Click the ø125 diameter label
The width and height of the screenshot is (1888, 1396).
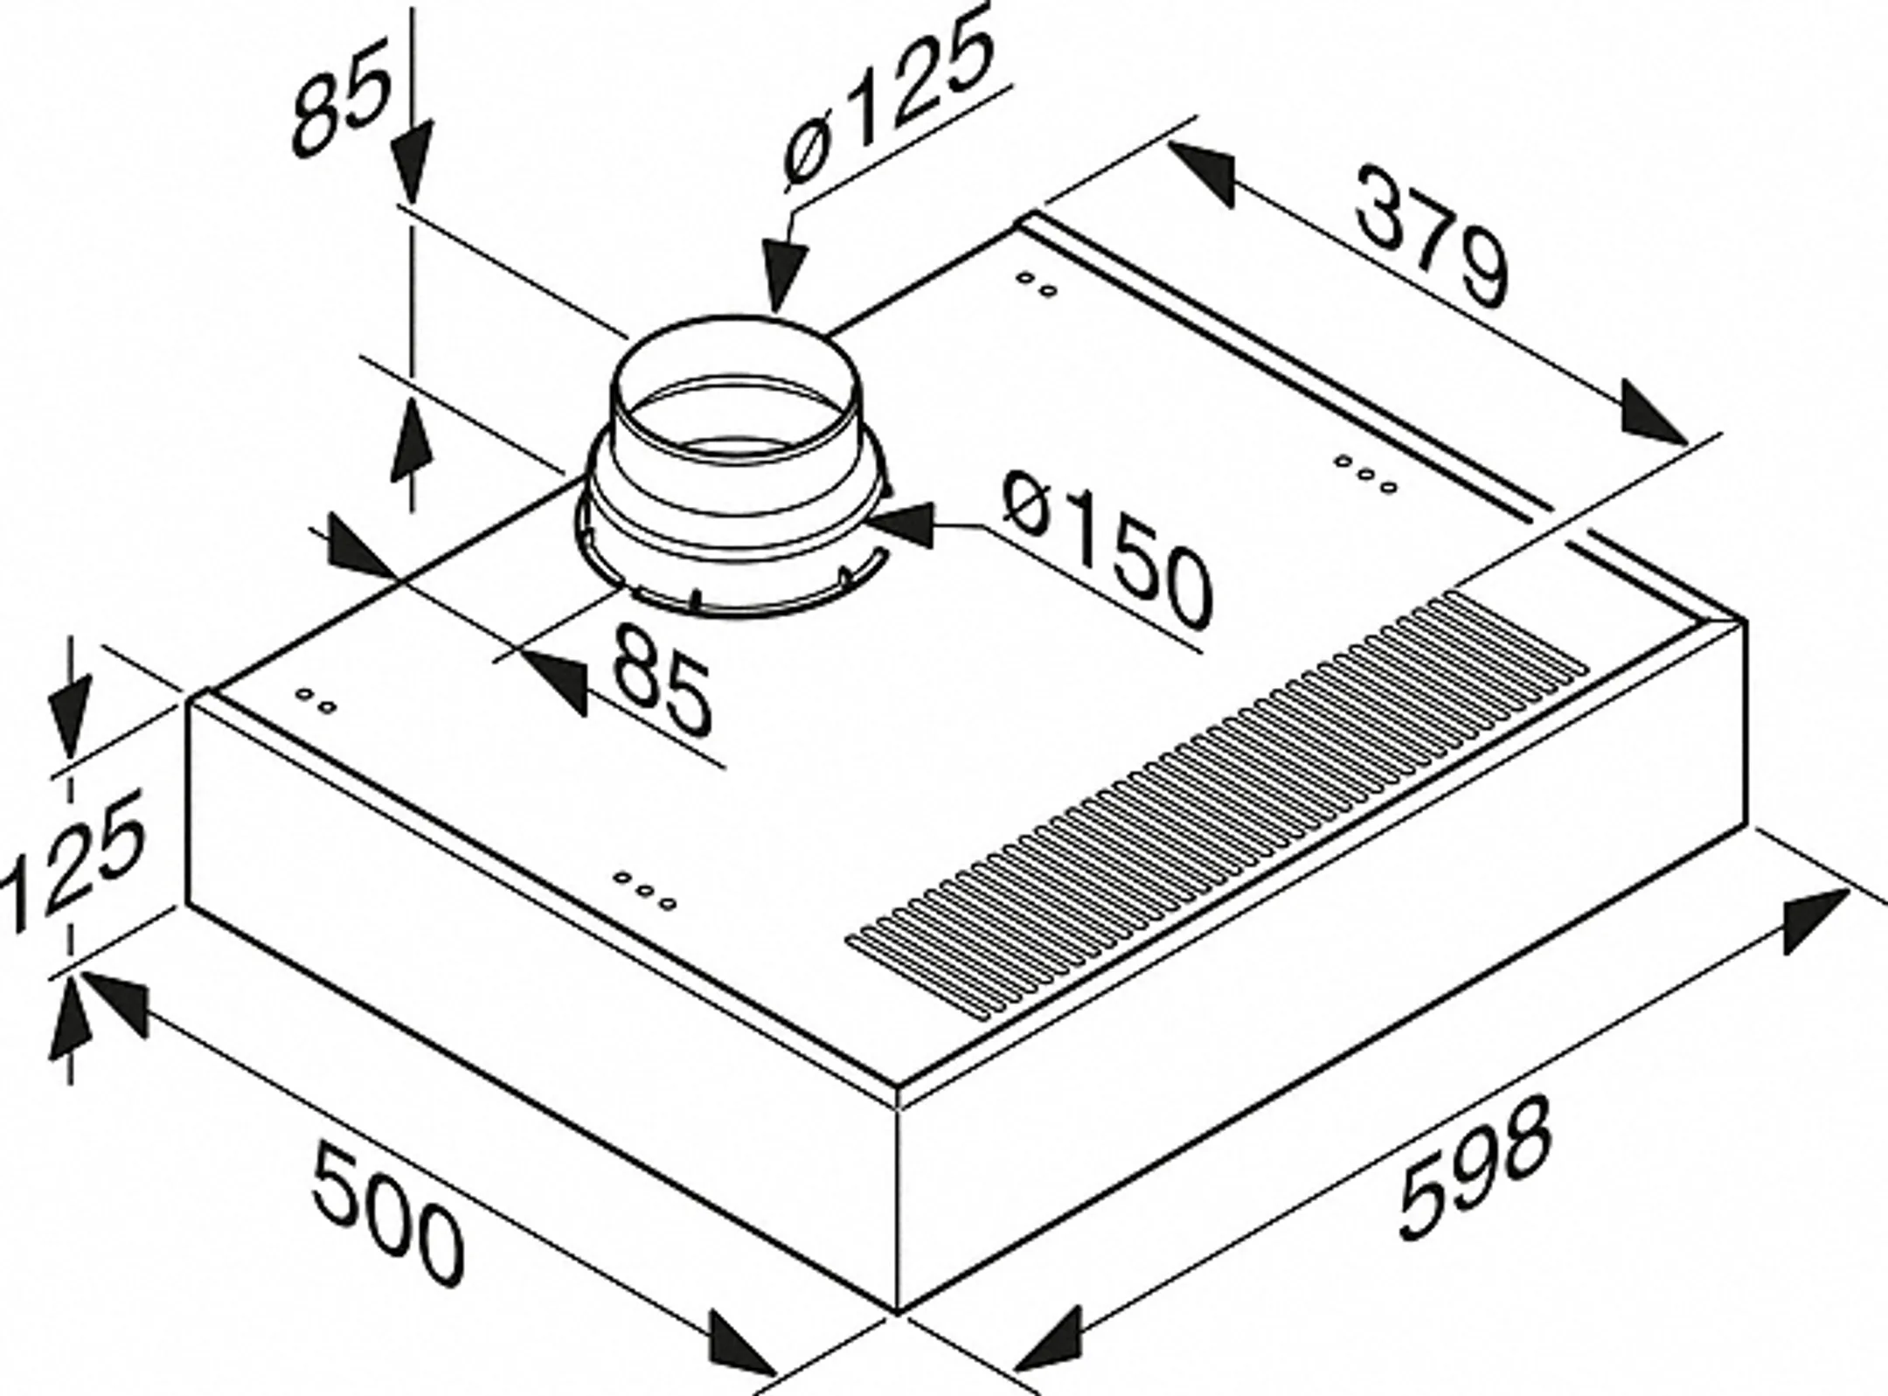[888, 101]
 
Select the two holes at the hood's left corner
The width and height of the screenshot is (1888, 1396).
[316, 700]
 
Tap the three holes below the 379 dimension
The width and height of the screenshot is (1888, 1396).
[1365, 472]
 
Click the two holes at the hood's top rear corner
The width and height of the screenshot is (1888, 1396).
[1038, 284]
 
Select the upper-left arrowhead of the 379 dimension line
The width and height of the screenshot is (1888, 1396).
[1203, 175]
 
